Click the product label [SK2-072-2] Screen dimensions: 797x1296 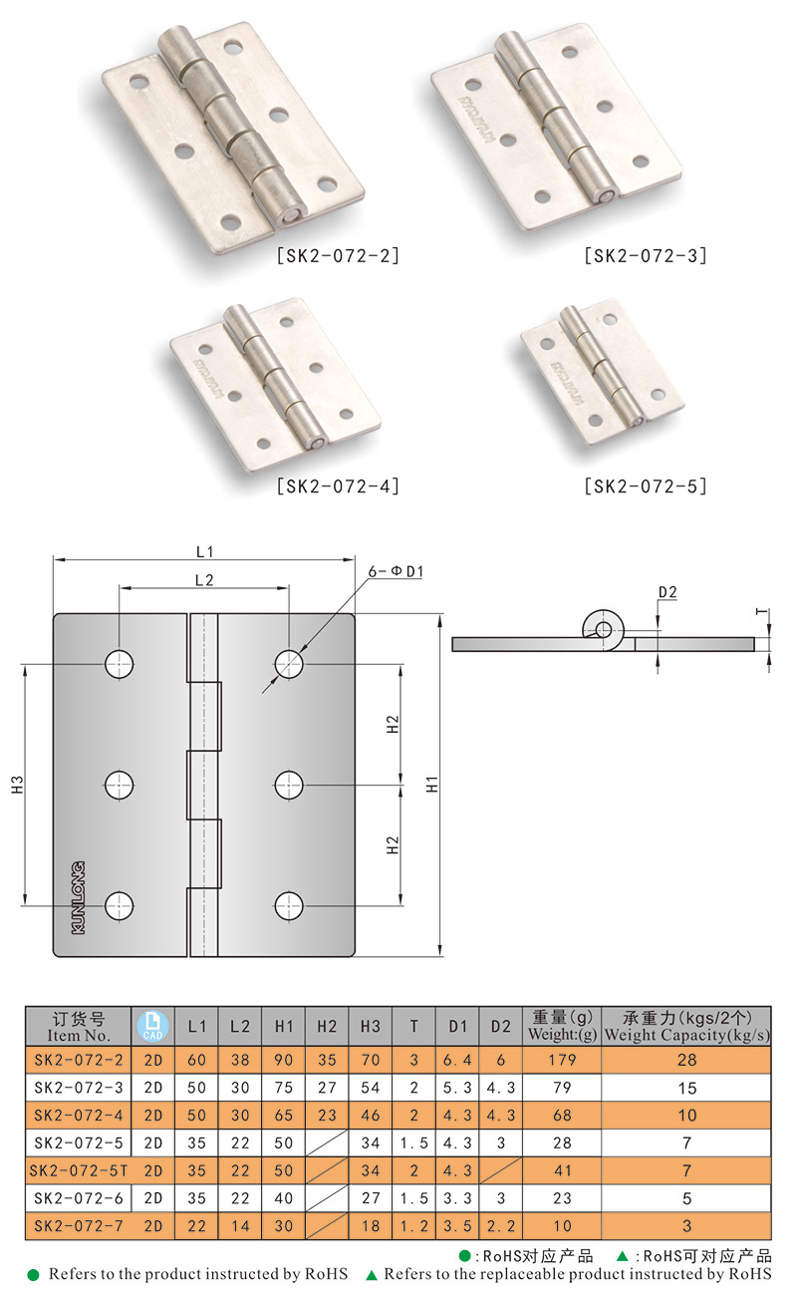(x=339, y=256)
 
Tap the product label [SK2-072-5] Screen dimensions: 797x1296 (x=646, y=486)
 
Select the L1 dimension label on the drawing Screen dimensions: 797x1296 (x=205, y=552)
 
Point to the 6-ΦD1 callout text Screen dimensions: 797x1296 (x=397, y=571)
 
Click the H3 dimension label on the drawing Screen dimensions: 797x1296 (x=17, y=785)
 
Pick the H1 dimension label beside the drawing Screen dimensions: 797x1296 (x=432, y=785)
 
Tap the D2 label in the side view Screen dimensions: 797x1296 (x=667, y=592)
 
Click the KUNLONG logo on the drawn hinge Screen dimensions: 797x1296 (x=78, y=897)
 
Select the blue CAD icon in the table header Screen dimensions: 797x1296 (x=152, y=1027)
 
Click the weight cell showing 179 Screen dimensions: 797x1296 (x=562, y=1060)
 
